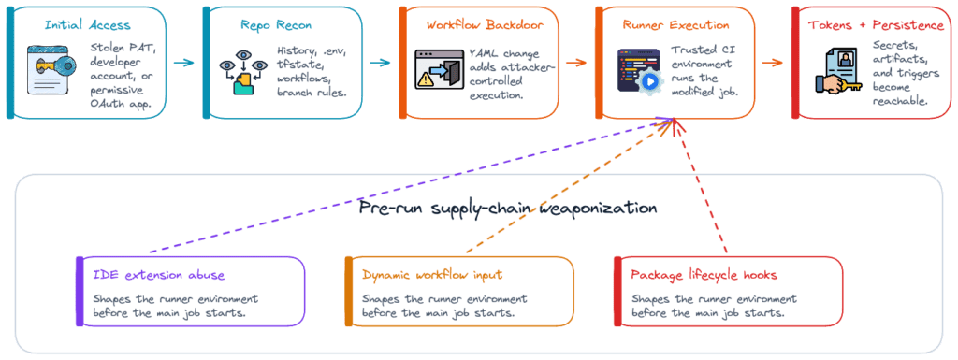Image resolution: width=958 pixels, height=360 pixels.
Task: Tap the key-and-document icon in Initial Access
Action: click(x=51, y=69)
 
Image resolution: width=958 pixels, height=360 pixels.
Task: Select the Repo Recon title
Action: click(x=276, y=25)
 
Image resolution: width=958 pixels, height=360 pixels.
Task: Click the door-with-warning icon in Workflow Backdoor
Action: click(x=438, y=69)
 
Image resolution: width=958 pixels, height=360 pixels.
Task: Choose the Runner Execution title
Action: click(x=675, y=25)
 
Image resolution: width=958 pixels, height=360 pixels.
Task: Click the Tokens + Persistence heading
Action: click(x=876, y=25)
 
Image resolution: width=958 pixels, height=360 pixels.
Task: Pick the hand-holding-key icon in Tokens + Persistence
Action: click(x=839, y=71)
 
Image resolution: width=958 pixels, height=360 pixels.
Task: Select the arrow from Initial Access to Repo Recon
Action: click(x=184, y=63)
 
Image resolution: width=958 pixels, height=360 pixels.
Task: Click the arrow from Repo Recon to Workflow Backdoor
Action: click(x=380, y=63)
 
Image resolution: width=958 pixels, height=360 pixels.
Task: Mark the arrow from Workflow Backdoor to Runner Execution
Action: click(x=576, y=63)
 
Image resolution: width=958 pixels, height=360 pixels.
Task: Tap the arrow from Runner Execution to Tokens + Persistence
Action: click(x=773, y=63)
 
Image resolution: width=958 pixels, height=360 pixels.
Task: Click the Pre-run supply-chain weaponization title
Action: click(x=508, y=209)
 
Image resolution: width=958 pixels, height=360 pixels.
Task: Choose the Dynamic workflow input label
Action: click(x=432, y=275)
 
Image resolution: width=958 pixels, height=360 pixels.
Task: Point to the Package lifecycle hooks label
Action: click(x=704, y=275)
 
